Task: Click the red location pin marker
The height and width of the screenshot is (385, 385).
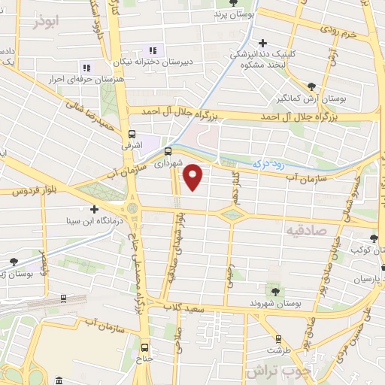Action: click(194, 177)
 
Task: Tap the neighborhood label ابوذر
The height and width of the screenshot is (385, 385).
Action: click(45, 21)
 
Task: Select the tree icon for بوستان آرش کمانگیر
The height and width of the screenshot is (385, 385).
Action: click(312, 87)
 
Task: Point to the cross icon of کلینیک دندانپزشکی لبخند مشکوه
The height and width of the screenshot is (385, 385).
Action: click(262, 43)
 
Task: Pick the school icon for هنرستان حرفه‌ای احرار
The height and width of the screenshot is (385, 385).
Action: click(86, 68)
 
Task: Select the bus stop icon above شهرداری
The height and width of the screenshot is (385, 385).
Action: click(168, 150)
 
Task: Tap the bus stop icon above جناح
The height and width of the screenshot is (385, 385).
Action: click(145, 347)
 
